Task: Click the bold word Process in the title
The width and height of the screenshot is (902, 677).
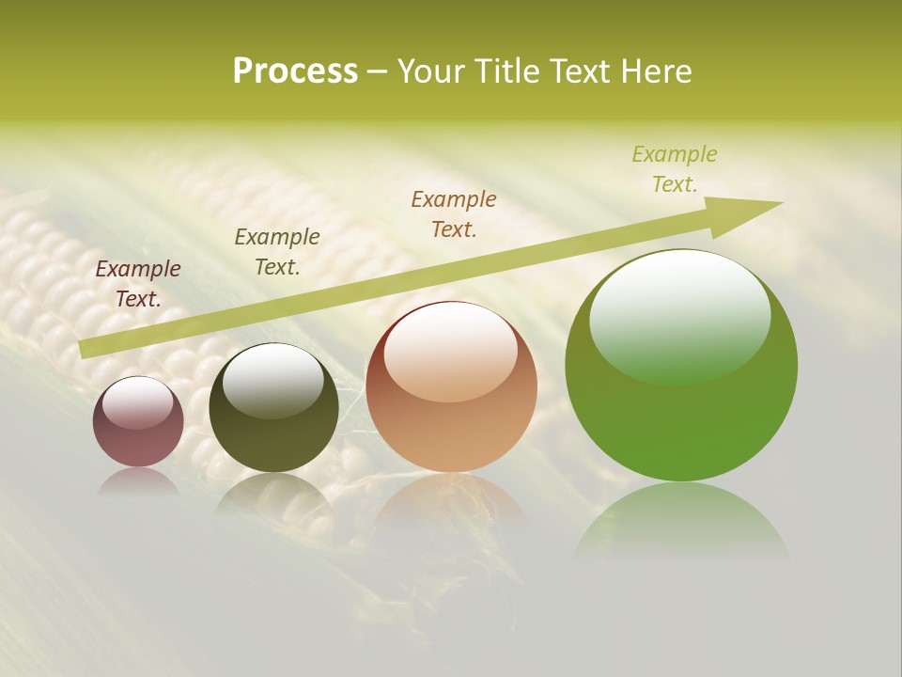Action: (295, 71)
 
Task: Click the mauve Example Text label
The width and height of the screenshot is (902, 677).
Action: (138, 283)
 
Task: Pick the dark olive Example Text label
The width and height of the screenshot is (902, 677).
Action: (277, 251)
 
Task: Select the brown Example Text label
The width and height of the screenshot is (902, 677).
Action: (454, 213)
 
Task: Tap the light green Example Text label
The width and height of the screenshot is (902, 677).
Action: (675, 168)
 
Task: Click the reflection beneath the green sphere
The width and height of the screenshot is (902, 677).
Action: (681, 522)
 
